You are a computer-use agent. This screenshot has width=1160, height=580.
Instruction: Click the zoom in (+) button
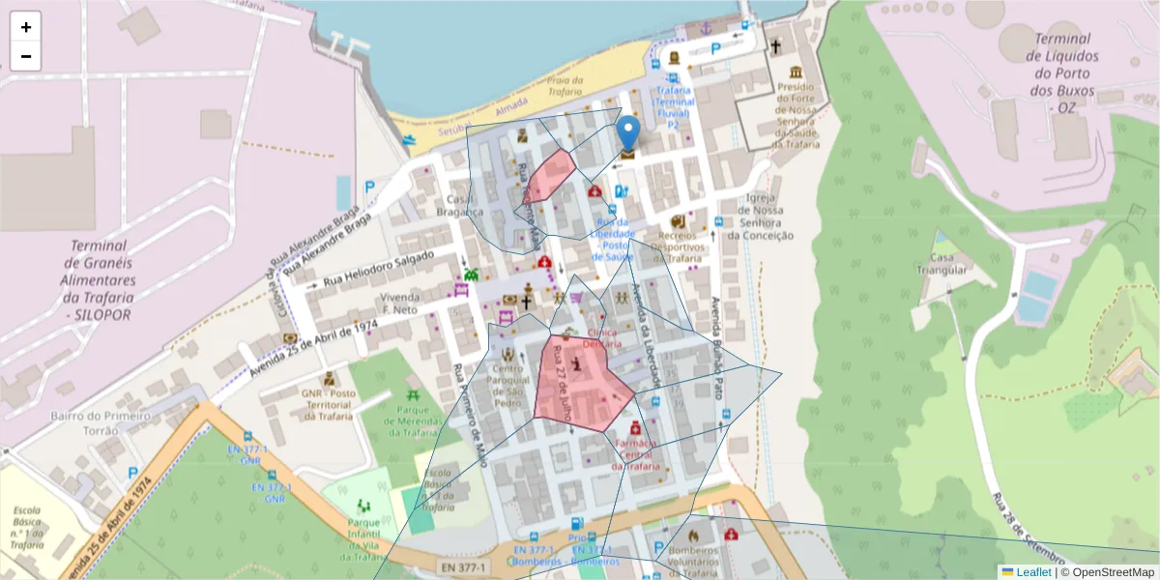(26, 27)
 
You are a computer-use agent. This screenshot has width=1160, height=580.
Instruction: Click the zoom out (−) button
(26, 56)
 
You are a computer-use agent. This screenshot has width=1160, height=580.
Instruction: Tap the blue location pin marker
(628, 133)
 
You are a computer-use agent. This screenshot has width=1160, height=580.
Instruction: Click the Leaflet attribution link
(1032, 572)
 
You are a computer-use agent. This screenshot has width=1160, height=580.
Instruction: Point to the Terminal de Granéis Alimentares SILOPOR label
(100, 279)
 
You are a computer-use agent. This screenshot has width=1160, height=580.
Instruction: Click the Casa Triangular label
(948, 264)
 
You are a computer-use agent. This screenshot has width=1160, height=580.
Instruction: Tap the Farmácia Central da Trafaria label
(635, 455)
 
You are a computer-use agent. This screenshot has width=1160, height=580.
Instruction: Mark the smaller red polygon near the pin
(549, 175)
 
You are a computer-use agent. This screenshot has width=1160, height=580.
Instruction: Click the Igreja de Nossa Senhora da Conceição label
(760, 217)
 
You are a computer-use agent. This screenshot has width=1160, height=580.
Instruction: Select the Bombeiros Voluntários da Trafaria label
(693, 562)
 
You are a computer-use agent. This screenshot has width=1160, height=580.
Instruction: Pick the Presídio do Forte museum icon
(795, 74)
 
